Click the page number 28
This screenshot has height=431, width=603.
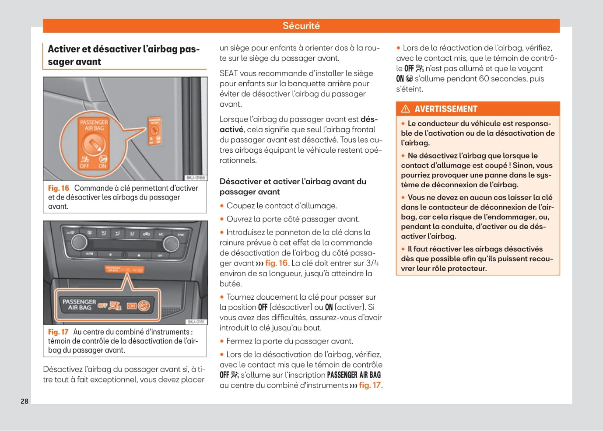pyautogui.click(x=25, y=401)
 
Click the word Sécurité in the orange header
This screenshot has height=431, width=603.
pyautogui.click(x=301, y=26)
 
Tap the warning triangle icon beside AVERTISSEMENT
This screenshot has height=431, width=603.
pyautogui.click(x=406, y=109)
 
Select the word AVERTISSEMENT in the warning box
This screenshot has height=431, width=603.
pyautogui.click(x=445, y=109)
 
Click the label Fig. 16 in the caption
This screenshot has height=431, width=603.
pyautogui.click(x=59, y=188)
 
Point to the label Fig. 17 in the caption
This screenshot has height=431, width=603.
pyautogui.click(x=58, y=332)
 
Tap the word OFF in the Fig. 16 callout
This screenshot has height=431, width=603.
pyautogui.click(x=84, y=166)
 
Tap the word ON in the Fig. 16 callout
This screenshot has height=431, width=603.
pyautogui.click(x=102, y=166)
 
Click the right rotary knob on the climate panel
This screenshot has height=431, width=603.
pyautogui.click(x=170, y=244)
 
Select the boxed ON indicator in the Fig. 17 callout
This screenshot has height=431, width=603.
pyautogui.click(x=132, y=306)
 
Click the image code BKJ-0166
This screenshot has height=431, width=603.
pyautogui.click(x=196, y=178)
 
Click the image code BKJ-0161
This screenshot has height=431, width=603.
pyautogui.click(x=196, y=322)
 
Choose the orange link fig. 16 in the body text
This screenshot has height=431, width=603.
pyautogui.click(x=276, y=263)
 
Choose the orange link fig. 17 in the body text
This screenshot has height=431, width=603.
pyautogui.click(x=370, y=385)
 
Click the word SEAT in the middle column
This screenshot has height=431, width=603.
pyautogui.click(x=228, y=74)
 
